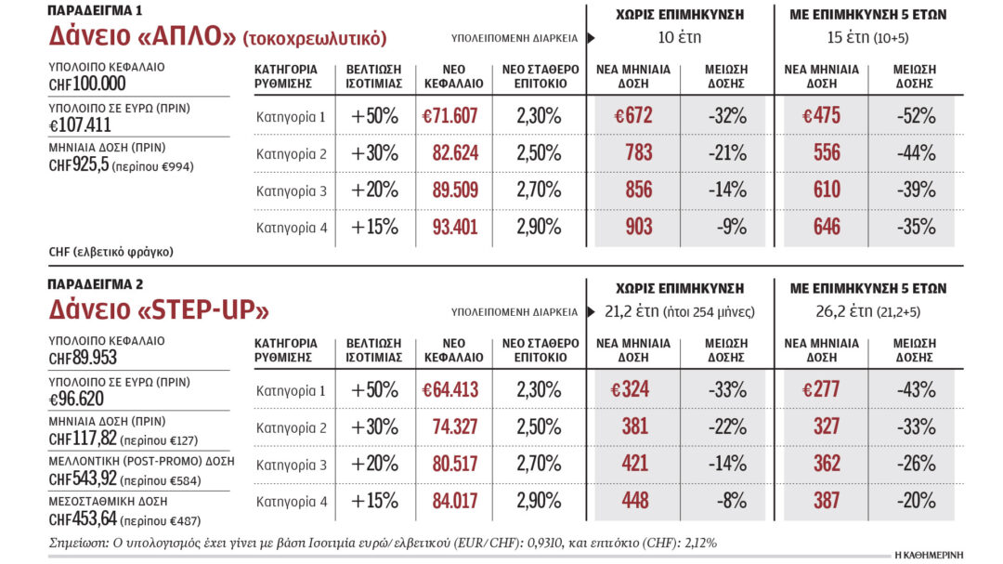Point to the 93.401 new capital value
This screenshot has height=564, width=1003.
coord(453,226)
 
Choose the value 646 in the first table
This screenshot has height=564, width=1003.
coord(827,226)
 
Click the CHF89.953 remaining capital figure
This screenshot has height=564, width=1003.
coord(83,357)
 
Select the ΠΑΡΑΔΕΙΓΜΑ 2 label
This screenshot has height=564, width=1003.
coord(97,284)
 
